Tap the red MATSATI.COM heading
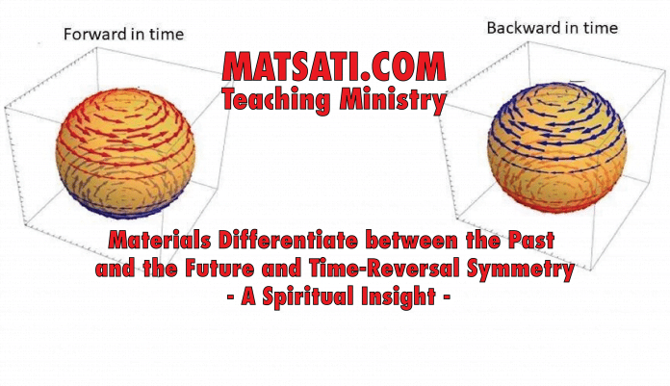334,66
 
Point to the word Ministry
393,100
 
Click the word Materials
160,241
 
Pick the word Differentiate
288,241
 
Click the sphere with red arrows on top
125,153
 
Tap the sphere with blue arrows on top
555,147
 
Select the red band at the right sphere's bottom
556,206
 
